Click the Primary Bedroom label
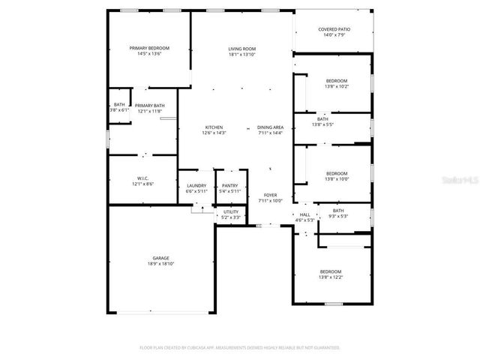(x=149, y=48)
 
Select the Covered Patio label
(x=334, y=29)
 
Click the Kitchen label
(x=214, y=127)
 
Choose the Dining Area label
(x=270, y=127)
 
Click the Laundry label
(x=196, y=185)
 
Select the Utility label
(x=231, y=212)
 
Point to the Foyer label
(x=270, y=196)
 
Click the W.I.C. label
(x=142, y=178)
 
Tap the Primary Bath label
(x=149, y=106)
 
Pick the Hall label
(x=305, y=214)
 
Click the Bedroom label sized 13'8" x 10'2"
(x=337, y=81)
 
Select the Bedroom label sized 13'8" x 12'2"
(x=331, y=271)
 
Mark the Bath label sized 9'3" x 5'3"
(x=338, y=211)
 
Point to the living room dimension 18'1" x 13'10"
(x=242, y=54)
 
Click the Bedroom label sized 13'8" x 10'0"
(x=337, y=173)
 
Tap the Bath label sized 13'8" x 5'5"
(x=322, y=118)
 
